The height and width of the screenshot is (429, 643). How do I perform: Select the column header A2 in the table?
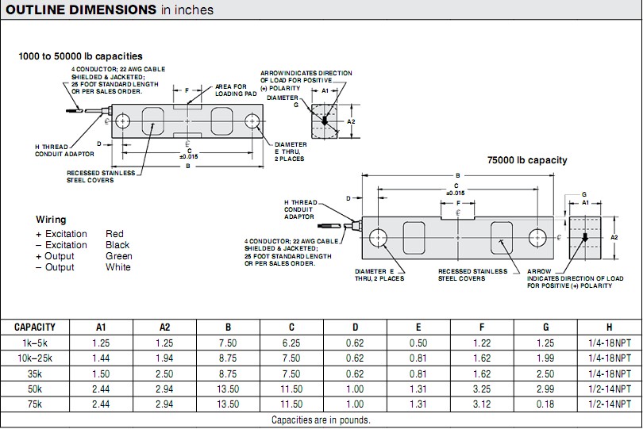click(164, 327)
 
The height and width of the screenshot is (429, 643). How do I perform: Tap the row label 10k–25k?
click(34, 358)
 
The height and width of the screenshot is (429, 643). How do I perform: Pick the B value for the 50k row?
click(227, 389)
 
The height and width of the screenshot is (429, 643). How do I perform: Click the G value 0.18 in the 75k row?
click(546, 404)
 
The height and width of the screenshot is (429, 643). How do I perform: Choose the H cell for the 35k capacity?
click(610, 373)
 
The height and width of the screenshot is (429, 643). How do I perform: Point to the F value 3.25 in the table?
click(482, 389)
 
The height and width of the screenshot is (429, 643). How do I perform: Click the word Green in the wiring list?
click(119, 256)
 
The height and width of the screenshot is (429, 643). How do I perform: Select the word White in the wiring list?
click(118, 267)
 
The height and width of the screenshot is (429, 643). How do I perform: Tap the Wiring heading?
click(51, 219)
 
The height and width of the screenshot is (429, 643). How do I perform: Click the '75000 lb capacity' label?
click(527, 160)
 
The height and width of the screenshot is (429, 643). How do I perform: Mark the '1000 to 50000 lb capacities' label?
click(81, 56)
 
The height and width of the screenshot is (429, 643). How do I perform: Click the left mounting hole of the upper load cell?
click(122, 121)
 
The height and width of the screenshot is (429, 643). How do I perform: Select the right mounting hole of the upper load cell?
click(252, 122)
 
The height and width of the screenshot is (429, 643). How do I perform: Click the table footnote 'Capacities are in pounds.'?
click(321, 420)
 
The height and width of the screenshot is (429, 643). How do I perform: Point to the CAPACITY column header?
click(34, 327)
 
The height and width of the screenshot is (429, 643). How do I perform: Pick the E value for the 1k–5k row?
click(418, 343)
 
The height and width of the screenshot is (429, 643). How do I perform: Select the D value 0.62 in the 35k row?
click(355, 373)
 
